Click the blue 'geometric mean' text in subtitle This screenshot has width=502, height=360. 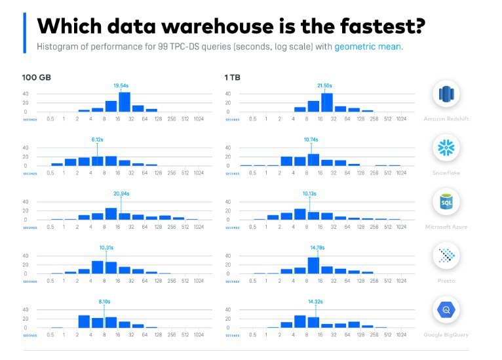point(368,47)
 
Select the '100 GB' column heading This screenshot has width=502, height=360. point(37,77)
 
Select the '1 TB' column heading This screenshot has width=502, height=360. point(232,77)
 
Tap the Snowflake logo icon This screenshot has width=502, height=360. point(446,148)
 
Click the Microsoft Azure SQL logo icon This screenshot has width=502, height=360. point(446,203)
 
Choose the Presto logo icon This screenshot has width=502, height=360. point(446,256)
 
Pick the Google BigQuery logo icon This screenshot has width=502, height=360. point(446,310)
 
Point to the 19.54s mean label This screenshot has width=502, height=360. point(121,85)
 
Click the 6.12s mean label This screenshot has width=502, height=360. point(97,140)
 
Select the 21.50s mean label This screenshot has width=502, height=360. point(324,85)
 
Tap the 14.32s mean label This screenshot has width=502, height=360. point(316,301)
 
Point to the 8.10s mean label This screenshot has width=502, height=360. point(105,301)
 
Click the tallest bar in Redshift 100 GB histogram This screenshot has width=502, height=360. point(125,102)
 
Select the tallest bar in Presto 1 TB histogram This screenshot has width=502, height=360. point(313,265)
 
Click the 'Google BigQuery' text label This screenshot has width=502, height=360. point(446,334)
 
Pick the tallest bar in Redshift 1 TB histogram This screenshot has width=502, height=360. point(327,102)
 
